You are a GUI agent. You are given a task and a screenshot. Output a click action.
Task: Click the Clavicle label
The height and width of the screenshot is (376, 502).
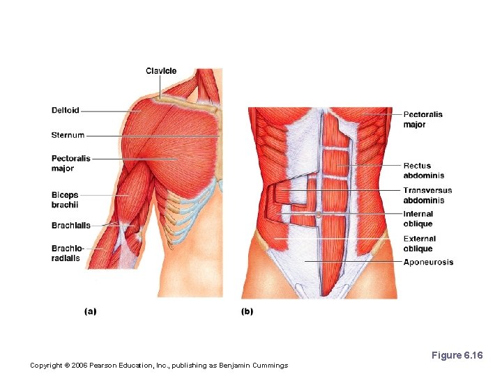(x=161, y=71)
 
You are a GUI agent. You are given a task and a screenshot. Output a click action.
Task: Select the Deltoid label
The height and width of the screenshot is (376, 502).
(x=66, y=110)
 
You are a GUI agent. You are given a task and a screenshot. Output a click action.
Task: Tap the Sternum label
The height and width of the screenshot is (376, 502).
(x=68, y=135)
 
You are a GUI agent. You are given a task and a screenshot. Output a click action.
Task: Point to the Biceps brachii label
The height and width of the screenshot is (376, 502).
(x=65, y=200)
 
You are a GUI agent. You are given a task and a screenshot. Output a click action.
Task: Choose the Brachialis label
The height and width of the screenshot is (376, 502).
(x=71, y=225)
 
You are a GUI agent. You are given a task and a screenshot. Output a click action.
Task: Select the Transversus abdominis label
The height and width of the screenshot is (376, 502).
(x=427, y=195)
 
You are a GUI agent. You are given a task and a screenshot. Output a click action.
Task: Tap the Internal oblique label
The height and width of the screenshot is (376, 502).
(x=418, y=219)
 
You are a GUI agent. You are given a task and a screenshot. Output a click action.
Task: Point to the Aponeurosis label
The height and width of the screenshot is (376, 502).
(x=428, y=263)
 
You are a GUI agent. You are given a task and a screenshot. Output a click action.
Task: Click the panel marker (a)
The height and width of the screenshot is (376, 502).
(x=90, y=311)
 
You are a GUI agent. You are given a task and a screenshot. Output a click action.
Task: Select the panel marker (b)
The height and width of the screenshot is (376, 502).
(x=247, y=311)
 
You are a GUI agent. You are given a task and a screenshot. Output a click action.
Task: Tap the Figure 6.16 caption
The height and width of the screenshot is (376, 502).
(x=457, y=355)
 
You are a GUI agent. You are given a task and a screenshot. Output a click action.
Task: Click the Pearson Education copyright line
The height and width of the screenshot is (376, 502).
(x=160, y=366)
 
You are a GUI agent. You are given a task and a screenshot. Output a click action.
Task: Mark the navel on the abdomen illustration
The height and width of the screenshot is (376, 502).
(x=318, y=215)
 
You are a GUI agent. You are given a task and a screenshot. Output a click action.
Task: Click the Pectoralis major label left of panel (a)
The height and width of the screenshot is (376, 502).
(x=71, y=164)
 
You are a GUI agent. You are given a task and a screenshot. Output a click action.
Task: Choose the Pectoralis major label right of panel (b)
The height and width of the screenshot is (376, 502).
(x=423, y=119)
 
